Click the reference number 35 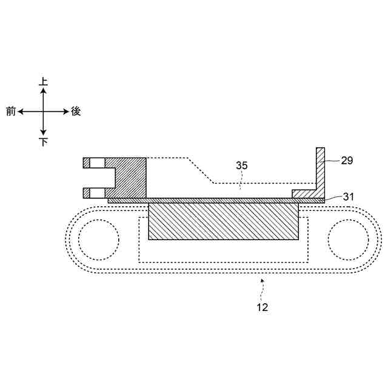[x=242, y=165]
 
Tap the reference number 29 [x=347, y=161]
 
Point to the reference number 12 [x=262, y=307]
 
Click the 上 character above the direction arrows [x=43, y=81]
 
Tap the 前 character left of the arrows [x=11, y=112]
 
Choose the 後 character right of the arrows [x=76, y=112]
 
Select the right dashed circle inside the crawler [x=348, y=238]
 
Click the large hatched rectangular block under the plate [x=223, y=221]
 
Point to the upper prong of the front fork [x=97, y=162]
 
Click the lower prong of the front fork [x=97, y=193]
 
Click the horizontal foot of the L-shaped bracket [x=306, y=193]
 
